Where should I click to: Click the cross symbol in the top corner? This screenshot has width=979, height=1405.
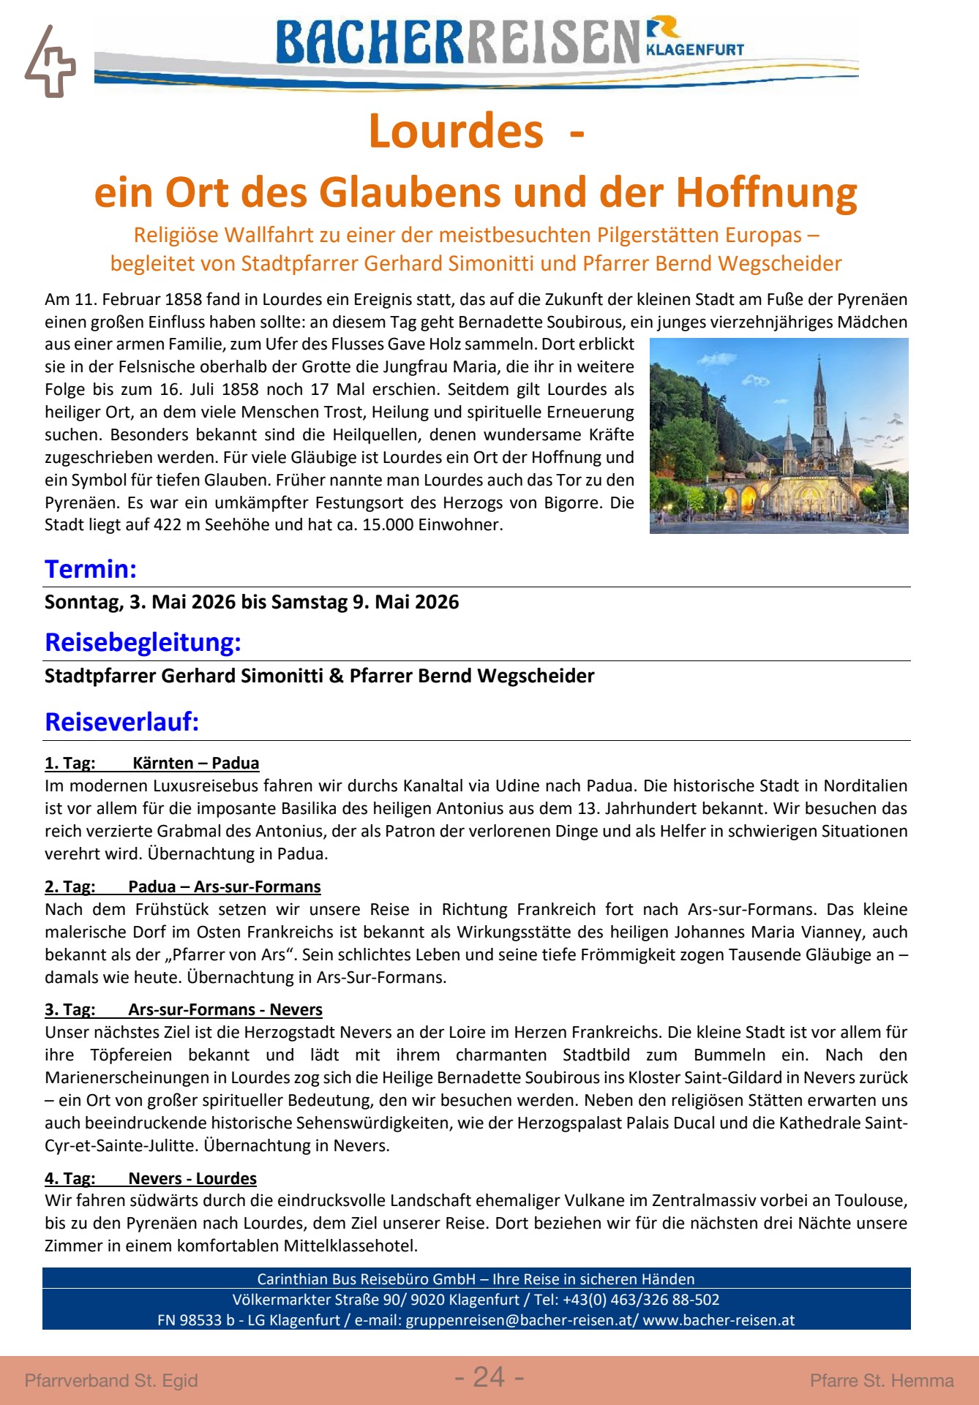click(x=50, y=63)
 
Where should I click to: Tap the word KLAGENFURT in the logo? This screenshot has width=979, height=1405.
click(x=694, y=50)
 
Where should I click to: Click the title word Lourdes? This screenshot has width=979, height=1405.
click(x=456, y=131)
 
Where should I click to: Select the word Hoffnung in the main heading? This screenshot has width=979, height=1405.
click(x=766, y=192)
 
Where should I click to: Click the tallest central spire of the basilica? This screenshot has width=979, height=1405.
click(x=819, y=388)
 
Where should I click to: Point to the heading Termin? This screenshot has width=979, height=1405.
click(x=91, y=569)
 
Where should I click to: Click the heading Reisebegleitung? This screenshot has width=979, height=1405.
click(x=143, y=642)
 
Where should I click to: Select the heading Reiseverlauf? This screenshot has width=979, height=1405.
click(x=121, y=722)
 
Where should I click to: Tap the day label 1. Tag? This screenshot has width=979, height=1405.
click(x=70, y=763)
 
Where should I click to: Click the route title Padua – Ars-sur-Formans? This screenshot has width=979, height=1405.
click(x=224, y=886)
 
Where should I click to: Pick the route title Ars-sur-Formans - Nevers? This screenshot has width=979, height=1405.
click(x=225, y=1009)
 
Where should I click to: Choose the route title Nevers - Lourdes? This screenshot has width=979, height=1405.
click(x=192, y=1178)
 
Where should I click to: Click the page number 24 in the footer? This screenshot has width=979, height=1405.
click(x=489, y=1377)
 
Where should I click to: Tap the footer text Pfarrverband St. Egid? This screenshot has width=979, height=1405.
click(x=111, y=1380)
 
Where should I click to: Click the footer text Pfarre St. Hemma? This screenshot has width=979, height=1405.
click(x=882, y=1380)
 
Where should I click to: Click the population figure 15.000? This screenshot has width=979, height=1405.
click(x=392, y=524)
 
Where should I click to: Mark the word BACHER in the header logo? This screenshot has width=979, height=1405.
click(x=370, y=42)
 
